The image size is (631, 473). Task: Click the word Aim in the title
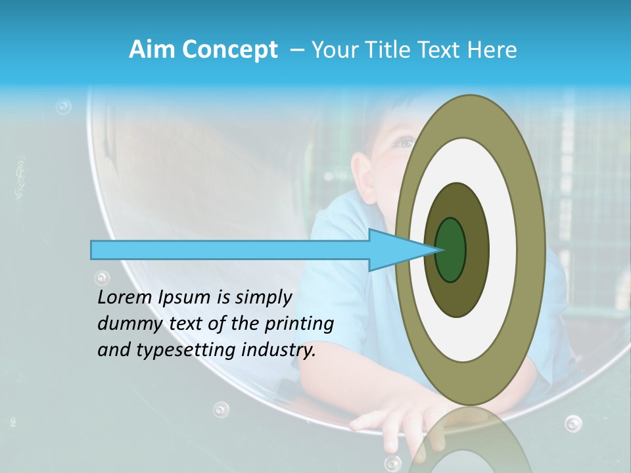pyautogui.click(x=151, y=50)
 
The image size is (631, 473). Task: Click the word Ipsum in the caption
pyautogui.click(x=185, y=298)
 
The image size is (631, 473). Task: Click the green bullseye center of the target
pyautogui.click(x=451, y=250)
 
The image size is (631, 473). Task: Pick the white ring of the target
pyautogui.click(x=503, y=250)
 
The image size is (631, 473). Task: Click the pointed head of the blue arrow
pyautogui.click(x=401, y=250)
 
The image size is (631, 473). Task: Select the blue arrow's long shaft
pyautogui.click(x=230, y=250)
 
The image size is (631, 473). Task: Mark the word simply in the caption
pyautogui.click(x=262, y=298)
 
